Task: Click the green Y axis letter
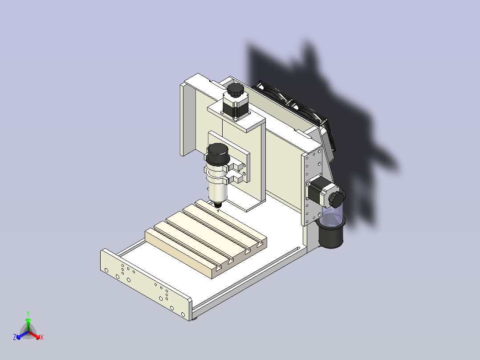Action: (28, 313)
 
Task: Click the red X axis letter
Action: (42, 337)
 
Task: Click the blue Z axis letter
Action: (15, 337)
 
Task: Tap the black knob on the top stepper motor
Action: (236, 90)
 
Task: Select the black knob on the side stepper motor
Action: (337, 199)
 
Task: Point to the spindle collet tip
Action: (218, 206)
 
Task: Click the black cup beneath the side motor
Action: (330, 233)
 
